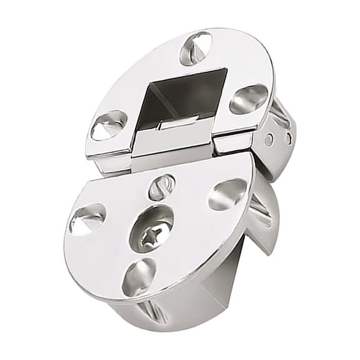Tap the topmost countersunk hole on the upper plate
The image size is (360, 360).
pos(195,47)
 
